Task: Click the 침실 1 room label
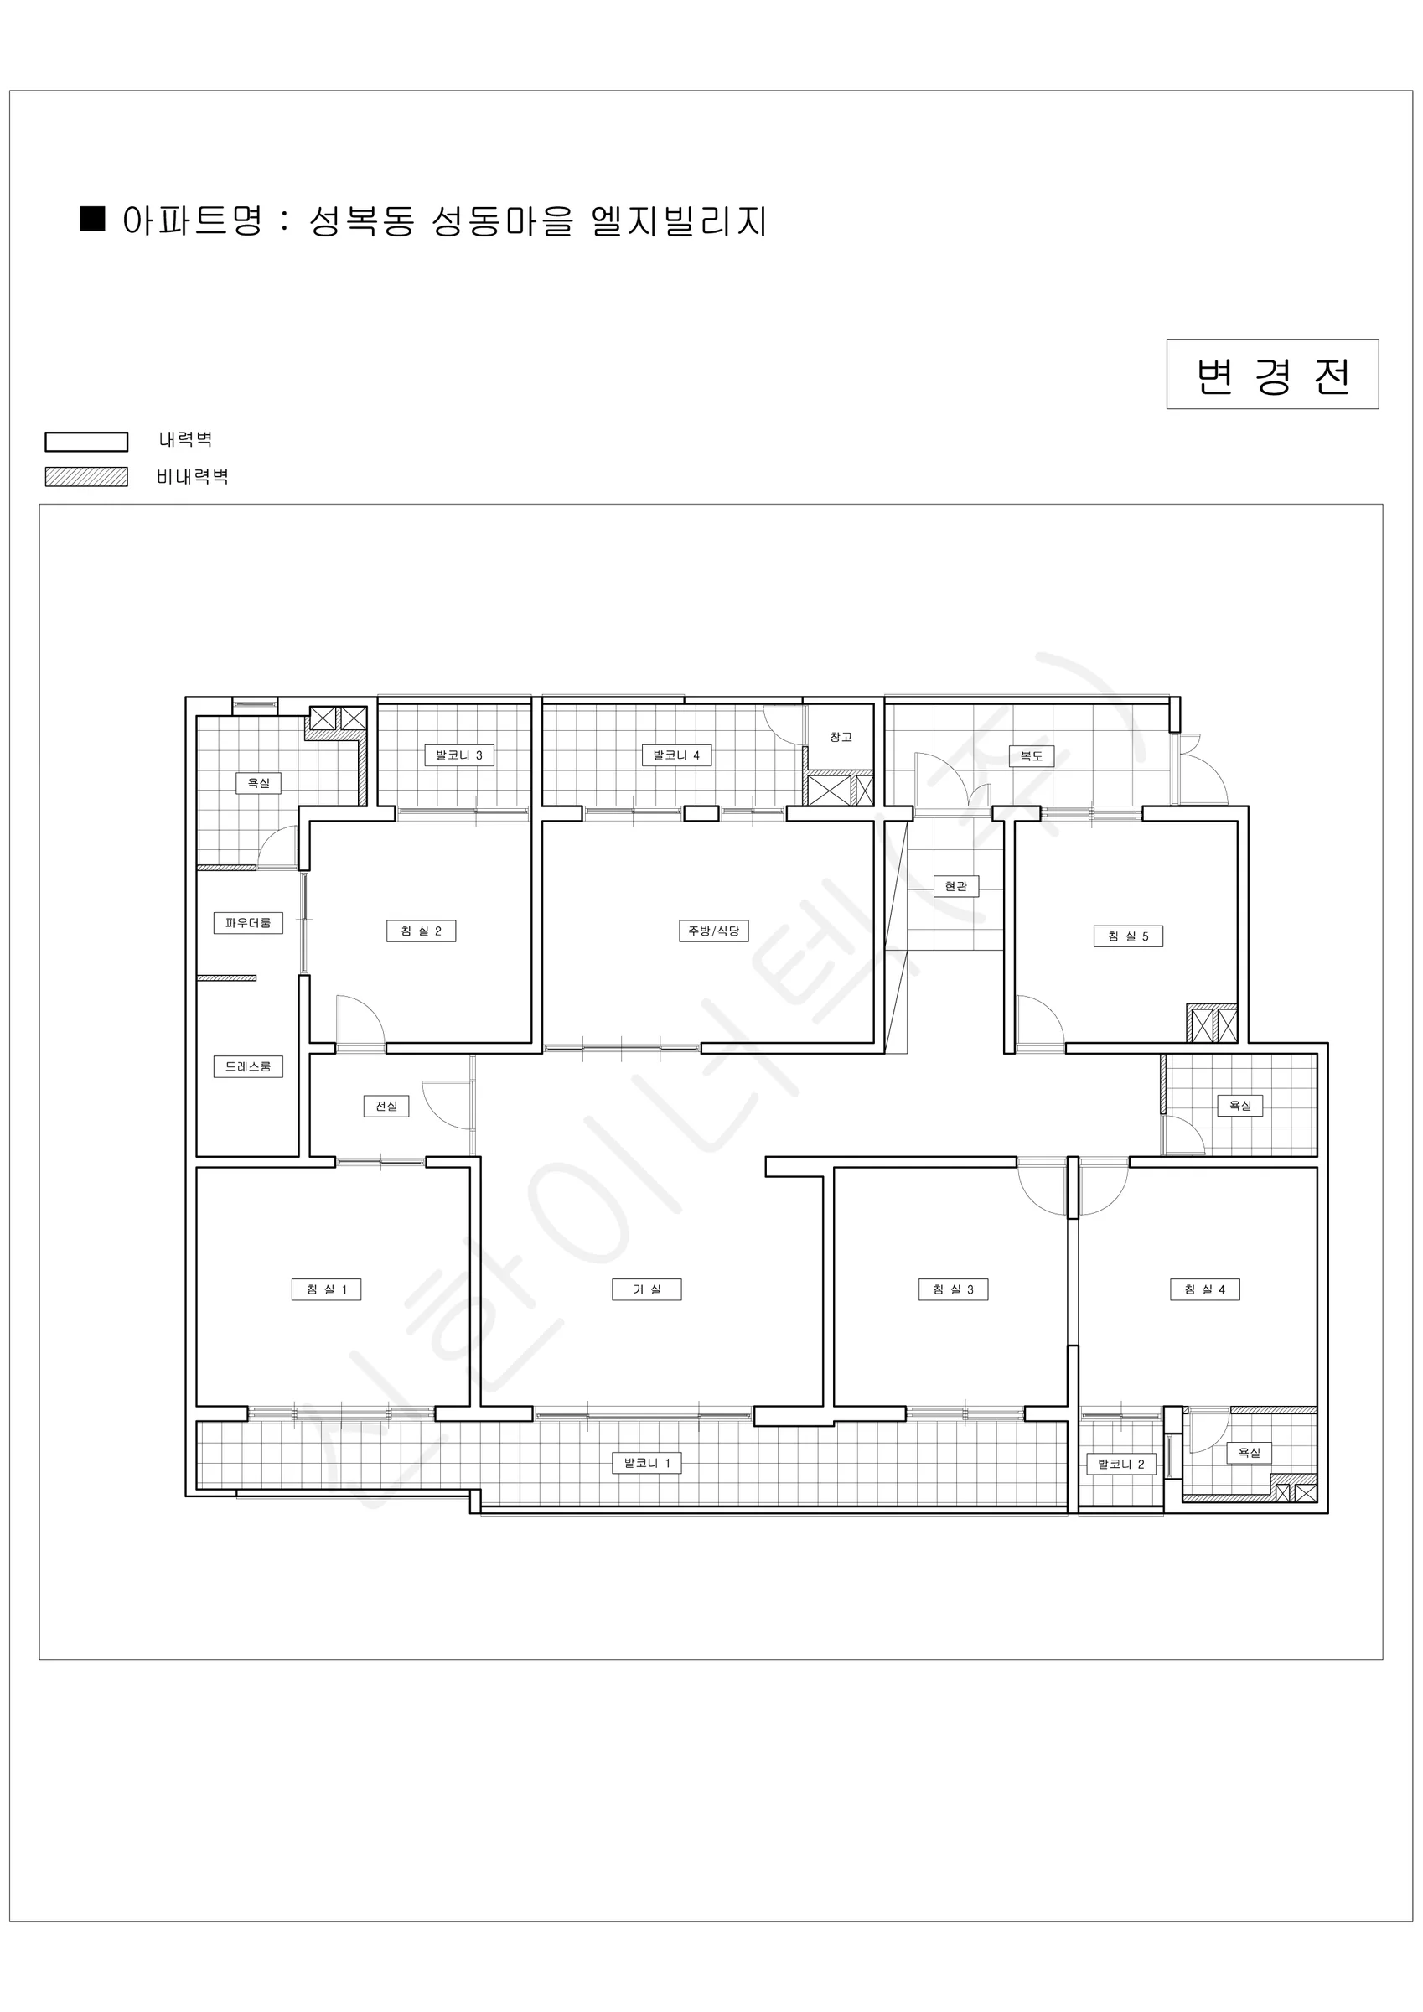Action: click(x=326, y=1289)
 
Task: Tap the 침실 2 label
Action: click(x=421, y=931)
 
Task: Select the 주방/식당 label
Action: click(x=713, y=931)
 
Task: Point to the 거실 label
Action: click(x=647, y=1289)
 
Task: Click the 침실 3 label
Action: click(x=954, y=1289)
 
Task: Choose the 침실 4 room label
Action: click(x=1205, y=1289)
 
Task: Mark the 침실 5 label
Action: click(x=1128, y=936)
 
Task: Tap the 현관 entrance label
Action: click(x=956, y=886)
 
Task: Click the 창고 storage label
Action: click(x=841, y=737)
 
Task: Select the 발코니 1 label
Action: click(x=647, y=1463)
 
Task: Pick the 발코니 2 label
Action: click(x=1120, y=1464)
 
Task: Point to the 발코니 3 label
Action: click(x=459, y=754)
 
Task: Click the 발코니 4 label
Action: click(x=676, y=754)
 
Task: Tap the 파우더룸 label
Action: click(x=248, y=923)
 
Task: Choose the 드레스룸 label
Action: click(x=248, y=1066)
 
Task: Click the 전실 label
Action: click(x=386, y=1106)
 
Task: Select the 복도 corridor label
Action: click(x=1032, y=755)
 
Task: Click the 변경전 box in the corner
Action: click(x=1272, y=374)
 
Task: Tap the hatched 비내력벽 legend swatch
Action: click(x=85, y=477)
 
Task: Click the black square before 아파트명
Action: click(x=93, y=218)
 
